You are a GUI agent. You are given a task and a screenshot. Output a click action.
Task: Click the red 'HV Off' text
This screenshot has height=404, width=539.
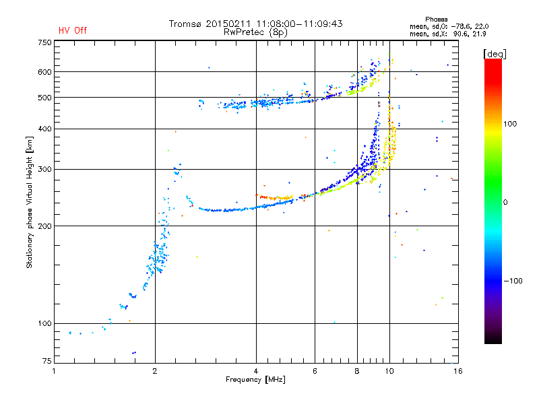pyautogui.click(x=73, y=30)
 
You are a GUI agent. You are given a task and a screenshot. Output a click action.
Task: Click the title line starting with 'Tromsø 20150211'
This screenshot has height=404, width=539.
pyautogui.click(x=255, y=24)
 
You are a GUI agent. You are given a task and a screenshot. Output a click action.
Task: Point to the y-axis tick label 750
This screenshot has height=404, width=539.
pyautogui.click(x=44, y=42)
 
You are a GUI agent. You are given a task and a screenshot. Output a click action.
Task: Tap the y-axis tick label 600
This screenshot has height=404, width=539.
pyautogui.click(x=44, y=72)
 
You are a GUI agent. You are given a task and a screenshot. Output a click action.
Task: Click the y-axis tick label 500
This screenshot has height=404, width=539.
pyautogui.click(x=44, y=98)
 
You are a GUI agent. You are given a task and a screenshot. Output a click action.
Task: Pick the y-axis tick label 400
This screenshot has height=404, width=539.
pyautogui.click(x=44, y=129)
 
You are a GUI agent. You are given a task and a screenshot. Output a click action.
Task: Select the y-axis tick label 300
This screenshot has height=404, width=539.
pyautogui.click(x=44, y=169)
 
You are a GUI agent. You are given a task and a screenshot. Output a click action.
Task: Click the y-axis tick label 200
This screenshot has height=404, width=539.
pyautogui.click(x=44, y=226)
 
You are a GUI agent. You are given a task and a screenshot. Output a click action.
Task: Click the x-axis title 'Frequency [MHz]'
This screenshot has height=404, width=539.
pyautogui.click(x=255, y=380)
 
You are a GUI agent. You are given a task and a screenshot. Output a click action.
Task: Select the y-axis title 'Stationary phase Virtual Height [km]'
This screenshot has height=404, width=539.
pyautogui.click(x=30, y=202)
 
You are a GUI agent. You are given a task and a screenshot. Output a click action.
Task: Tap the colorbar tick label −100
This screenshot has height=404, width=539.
pyautogui.click(x=514, y=281)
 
